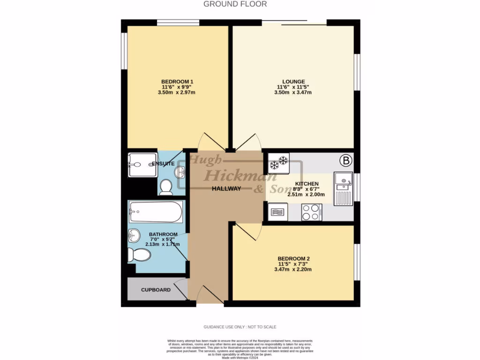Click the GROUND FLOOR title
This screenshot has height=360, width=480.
click(235, 4)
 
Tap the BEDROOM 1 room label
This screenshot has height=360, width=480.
click(177, 82)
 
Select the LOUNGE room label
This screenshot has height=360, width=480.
click(293, 82)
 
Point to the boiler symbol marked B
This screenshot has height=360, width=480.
click(346, 161)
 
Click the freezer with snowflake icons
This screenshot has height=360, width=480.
click(278, 162)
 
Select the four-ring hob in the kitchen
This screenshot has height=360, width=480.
click(311, 212)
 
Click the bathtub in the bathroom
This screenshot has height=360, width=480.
click(155, 212)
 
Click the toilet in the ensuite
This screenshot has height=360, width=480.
click(166, 187)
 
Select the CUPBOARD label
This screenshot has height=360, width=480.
click(156, 290)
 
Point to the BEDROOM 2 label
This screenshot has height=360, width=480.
click(294, 259)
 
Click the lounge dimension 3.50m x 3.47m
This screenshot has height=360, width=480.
click(293, 93)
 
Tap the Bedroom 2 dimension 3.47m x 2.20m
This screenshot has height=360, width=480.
click(294, 270)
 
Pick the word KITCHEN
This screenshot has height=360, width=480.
click(307, 183)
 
